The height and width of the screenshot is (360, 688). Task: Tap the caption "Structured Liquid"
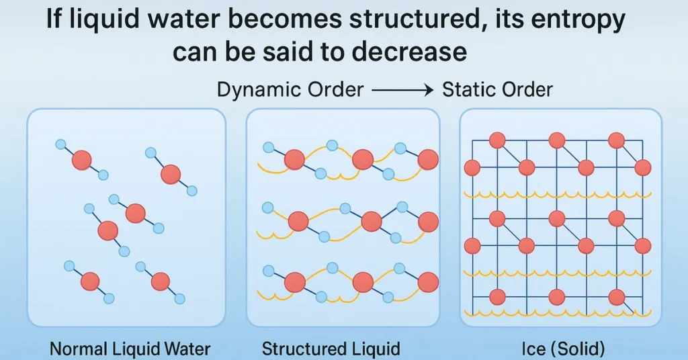(x=331, y=349)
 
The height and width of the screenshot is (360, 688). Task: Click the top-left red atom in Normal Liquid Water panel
(x=82, y=160)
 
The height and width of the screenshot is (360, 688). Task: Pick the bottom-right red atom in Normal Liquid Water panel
(x=160, y=281)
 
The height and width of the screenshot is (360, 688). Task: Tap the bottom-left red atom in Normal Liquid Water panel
(x=90, y=281)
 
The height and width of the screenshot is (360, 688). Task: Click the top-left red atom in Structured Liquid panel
(x=294, y=160)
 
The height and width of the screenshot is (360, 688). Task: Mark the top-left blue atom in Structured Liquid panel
(x=268, y=147)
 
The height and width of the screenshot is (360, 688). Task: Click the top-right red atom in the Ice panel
(x=616, y=140)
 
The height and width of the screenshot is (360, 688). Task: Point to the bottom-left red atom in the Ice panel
(x=497, y=296)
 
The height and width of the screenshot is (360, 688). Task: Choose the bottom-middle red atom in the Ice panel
(x=556, y=296)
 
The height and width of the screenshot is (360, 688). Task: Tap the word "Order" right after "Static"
(x=528, y=89)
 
